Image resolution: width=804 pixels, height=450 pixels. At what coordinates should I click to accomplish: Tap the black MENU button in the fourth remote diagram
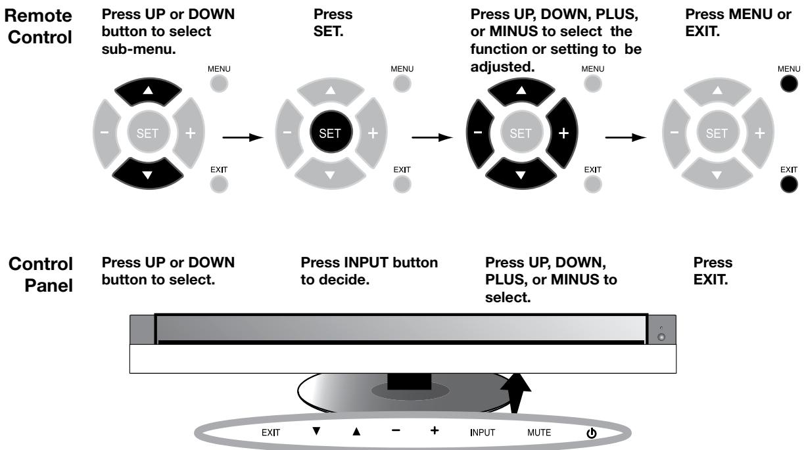pyautogui.click(x=785, y=85)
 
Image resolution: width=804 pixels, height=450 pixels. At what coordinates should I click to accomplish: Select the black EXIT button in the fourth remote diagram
pyautogui.click(x=785, y=185)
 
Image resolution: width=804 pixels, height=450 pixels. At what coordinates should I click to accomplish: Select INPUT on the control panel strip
pyautogui.click(x=482, y=433)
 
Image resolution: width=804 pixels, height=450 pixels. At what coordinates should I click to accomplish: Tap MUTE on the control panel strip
pyautogui.click(x=539, y=433)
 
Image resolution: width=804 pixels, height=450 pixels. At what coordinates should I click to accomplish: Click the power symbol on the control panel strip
pyautogui.click(x=589, y=433)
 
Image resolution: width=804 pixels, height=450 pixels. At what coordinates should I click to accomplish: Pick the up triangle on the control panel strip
pyautogui.click(x=357, y=432)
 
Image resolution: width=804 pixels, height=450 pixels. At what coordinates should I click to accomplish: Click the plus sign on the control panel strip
pyautogui.click(x=435, y=432)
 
